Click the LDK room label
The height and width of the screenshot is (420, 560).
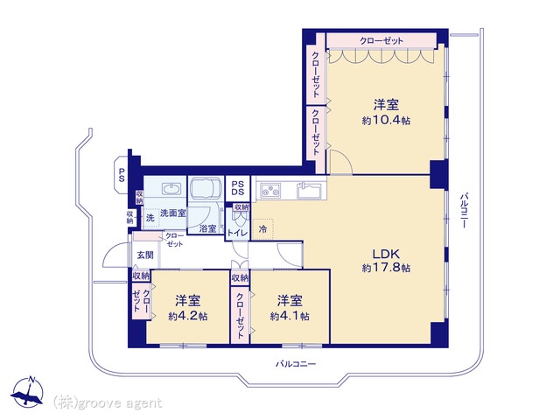(x=386, y=254)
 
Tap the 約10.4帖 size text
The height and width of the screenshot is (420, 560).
(x=386, y=121)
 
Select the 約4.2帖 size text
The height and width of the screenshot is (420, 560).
(x=188, y=317)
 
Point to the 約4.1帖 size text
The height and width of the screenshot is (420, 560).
(x=290, y=317)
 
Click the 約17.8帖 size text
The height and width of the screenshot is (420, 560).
(x=386, y=268)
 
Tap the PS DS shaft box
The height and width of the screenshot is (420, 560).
(x=237, y=188)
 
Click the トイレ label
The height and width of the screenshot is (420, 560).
(x=237, y=234)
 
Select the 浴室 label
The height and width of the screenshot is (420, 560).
(x=207, y=228)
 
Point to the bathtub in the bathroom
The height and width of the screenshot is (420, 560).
(x=206, y=188)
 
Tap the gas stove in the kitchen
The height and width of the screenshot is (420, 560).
(x=270, y=190)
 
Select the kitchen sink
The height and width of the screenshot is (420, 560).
(x=310, y=190)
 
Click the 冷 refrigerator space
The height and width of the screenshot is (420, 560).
(x=262, y=229)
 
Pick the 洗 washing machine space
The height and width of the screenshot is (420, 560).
(x=150, y=218)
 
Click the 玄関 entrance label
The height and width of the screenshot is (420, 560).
(x=145, y=255)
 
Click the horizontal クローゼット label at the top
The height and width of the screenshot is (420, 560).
(x=381, y=41)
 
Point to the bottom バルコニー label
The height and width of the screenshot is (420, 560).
(x=296, y=364)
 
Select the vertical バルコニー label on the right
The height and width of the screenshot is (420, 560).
(x=464, y=210)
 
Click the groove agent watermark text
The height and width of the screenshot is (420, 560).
(x=108, y=403)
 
